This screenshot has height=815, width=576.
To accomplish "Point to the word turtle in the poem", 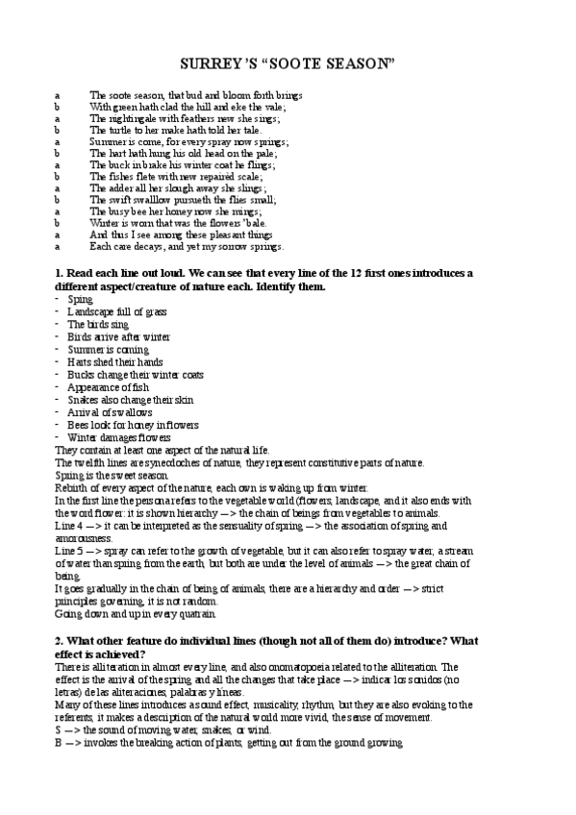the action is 117,130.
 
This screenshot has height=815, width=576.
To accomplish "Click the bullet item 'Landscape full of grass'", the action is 116,312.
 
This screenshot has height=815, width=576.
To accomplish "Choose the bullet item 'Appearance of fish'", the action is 107,386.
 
